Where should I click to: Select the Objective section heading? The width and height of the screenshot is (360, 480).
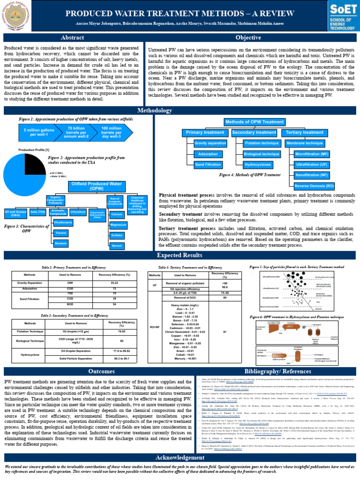pyautogui.click(x=248, y=37)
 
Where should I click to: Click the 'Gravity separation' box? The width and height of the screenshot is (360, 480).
pyautogui.click(x=210, y=142)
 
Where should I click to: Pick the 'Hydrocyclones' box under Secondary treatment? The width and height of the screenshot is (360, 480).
pyautogui.click(x=258, y=165)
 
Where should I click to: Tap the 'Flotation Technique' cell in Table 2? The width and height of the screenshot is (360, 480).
pyautogui.click(x=30, y=331)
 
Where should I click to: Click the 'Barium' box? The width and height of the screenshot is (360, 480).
pyautogui.click(x=117, y=246)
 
